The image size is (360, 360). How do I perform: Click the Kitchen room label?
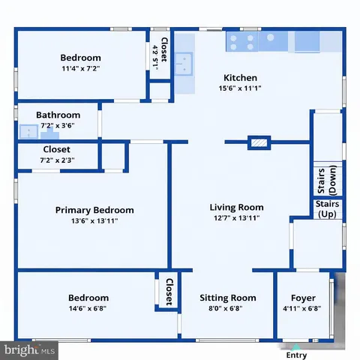click(x=240, y=77)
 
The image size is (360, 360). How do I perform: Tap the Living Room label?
click(x=236, y=208)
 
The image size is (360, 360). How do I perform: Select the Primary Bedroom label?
click(x=94, y=210)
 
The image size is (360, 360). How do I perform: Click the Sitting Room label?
click(x=227, y=298)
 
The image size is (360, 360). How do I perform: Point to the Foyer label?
click(x=304, y=298)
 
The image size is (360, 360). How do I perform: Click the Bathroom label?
click(x=58, y=115)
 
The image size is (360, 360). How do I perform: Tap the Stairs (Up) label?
click(x=327, y=208)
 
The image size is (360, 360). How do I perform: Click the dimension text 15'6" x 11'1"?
click(x=240, y=88)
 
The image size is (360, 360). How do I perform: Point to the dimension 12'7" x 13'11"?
click(x=236, y=219)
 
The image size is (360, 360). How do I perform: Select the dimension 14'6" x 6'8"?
click(x=88, y=308)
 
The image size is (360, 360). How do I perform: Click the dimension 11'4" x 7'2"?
click(x=80, y=68)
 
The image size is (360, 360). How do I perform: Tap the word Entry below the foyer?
click(x=297, y=355)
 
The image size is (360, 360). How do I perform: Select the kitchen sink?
click(x=184, y=65)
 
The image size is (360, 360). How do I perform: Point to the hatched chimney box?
click(x=259, y=141)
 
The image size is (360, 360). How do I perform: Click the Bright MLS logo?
click(x=30, y=349)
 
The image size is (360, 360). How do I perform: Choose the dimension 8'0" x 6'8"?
click(x=227, y=308)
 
